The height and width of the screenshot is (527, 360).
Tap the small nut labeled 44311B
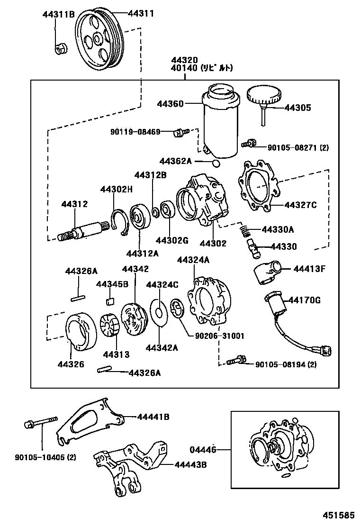click(60, 47)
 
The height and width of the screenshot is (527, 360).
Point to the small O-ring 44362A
click(216, 164)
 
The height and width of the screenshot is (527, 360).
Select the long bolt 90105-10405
click(40, 421)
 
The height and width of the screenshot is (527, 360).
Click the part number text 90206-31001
click(219, 336)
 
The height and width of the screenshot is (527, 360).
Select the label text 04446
click(203, 449)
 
